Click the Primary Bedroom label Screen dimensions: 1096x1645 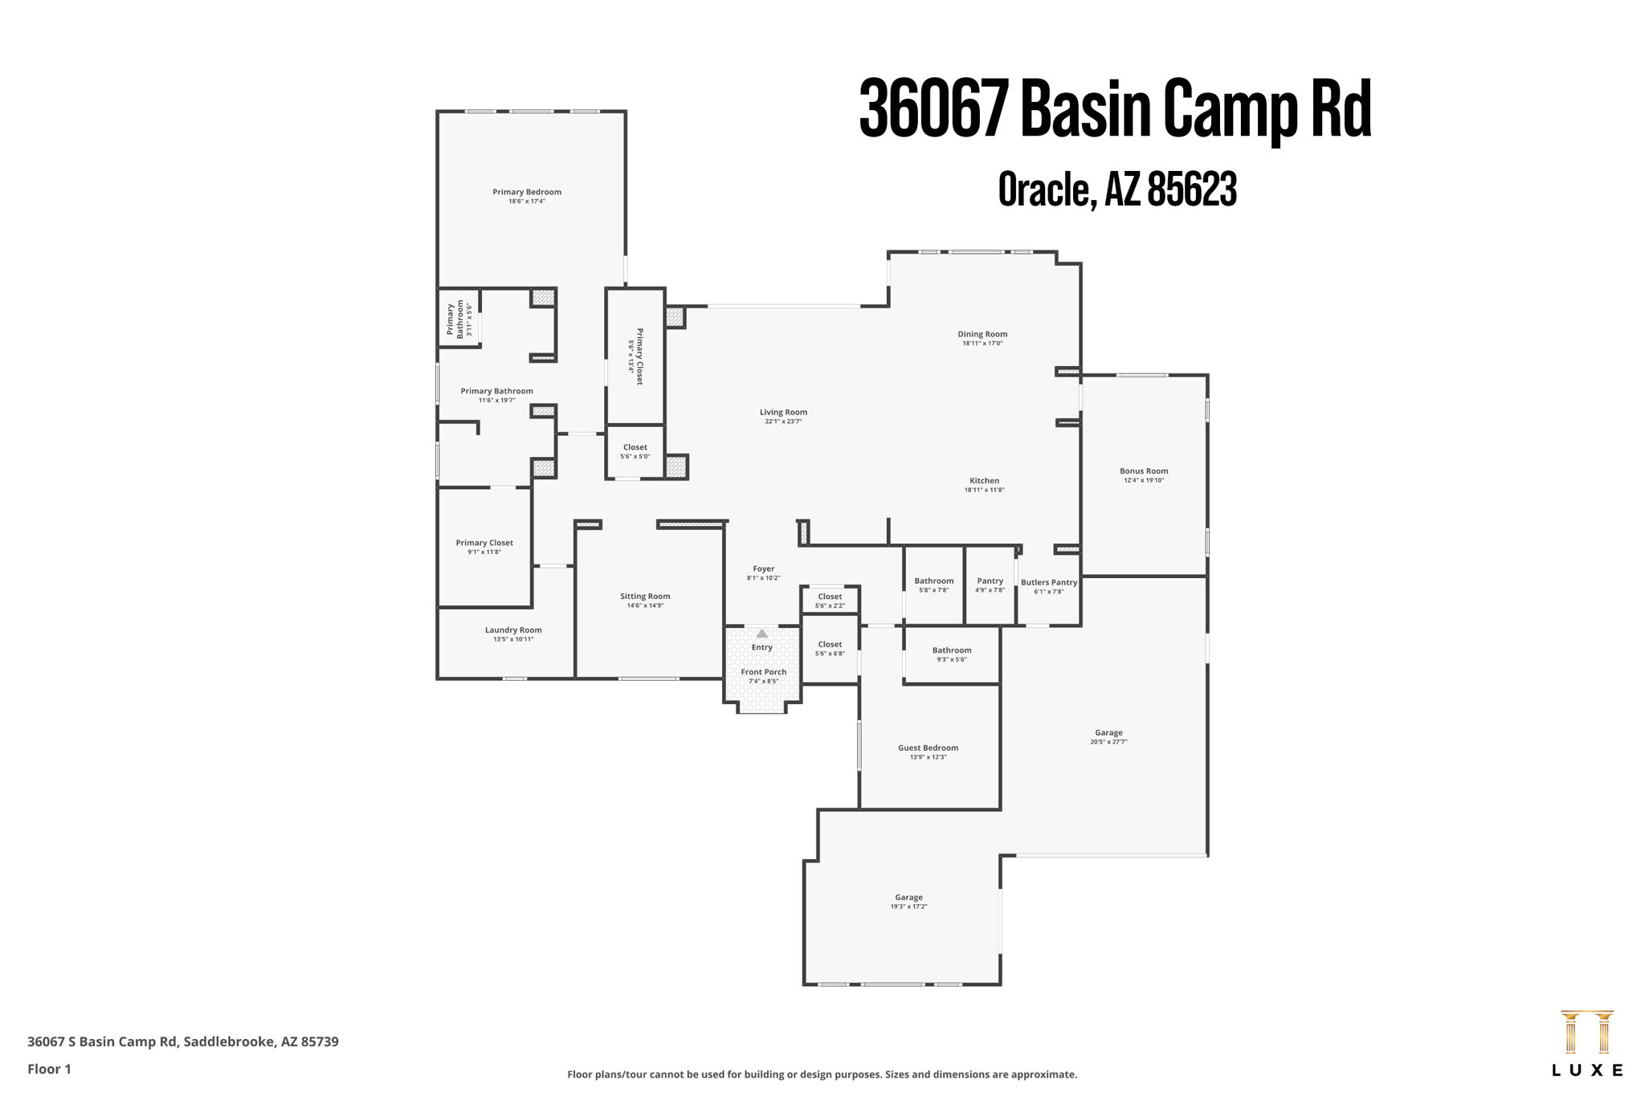526,192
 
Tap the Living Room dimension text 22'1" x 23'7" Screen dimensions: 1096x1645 782,422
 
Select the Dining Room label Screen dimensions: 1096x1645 982,334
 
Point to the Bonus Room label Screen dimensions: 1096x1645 1143,471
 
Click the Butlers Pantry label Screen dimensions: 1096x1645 1048,582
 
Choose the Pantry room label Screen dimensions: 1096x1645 990,581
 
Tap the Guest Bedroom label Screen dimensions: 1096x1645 928,748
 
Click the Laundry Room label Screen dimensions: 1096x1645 512,630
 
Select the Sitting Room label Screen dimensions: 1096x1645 644,597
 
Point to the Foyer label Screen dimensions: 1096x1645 763,568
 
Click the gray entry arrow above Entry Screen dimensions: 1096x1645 761,634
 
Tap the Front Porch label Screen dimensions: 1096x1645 763,672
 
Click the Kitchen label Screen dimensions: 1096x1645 983,481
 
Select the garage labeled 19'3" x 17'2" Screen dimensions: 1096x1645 908,898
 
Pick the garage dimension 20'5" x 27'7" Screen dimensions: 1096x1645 1108,742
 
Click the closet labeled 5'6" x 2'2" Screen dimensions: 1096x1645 830,597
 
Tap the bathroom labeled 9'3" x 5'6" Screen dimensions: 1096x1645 951,650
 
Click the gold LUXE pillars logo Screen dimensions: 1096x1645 1586,1033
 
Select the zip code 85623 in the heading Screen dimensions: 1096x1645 1191,190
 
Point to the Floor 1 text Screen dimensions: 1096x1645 49,1069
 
